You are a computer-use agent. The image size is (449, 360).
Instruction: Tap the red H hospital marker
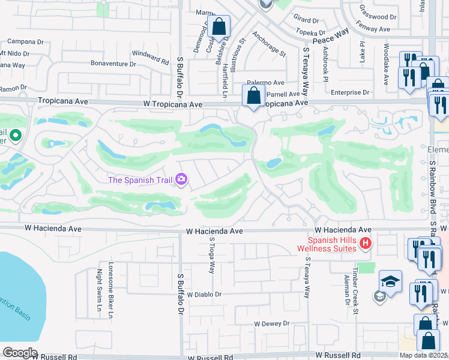366,244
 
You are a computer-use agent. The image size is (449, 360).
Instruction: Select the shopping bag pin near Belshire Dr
219,27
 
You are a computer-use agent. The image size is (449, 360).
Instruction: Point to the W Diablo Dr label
204,295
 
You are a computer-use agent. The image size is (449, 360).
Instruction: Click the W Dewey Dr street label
271,323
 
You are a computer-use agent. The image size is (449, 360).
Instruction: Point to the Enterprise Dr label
350,92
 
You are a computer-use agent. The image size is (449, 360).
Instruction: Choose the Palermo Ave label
267,82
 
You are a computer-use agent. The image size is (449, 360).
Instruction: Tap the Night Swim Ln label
100,286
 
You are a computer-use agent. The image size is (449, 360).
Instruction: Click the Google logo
19,353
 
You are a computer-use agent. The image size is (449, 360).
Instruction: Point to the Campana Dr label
25,42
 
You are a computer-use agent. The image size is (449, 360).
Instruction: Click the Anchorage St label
268,44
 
